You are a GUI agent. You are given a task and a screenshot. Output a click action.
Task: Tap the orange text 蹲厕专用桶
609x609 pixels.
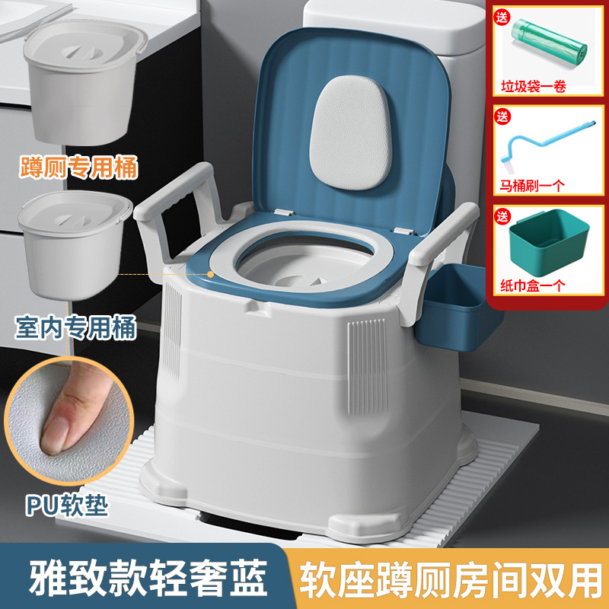click(x=75, y=167)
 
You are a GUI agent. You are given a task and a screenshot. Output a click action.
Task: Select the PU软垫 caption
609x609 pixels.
click(x=67, y=505)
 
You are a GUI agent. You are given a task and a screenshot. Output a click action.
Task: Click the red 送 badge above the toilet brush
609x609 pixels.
click(x=502, y=118)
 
